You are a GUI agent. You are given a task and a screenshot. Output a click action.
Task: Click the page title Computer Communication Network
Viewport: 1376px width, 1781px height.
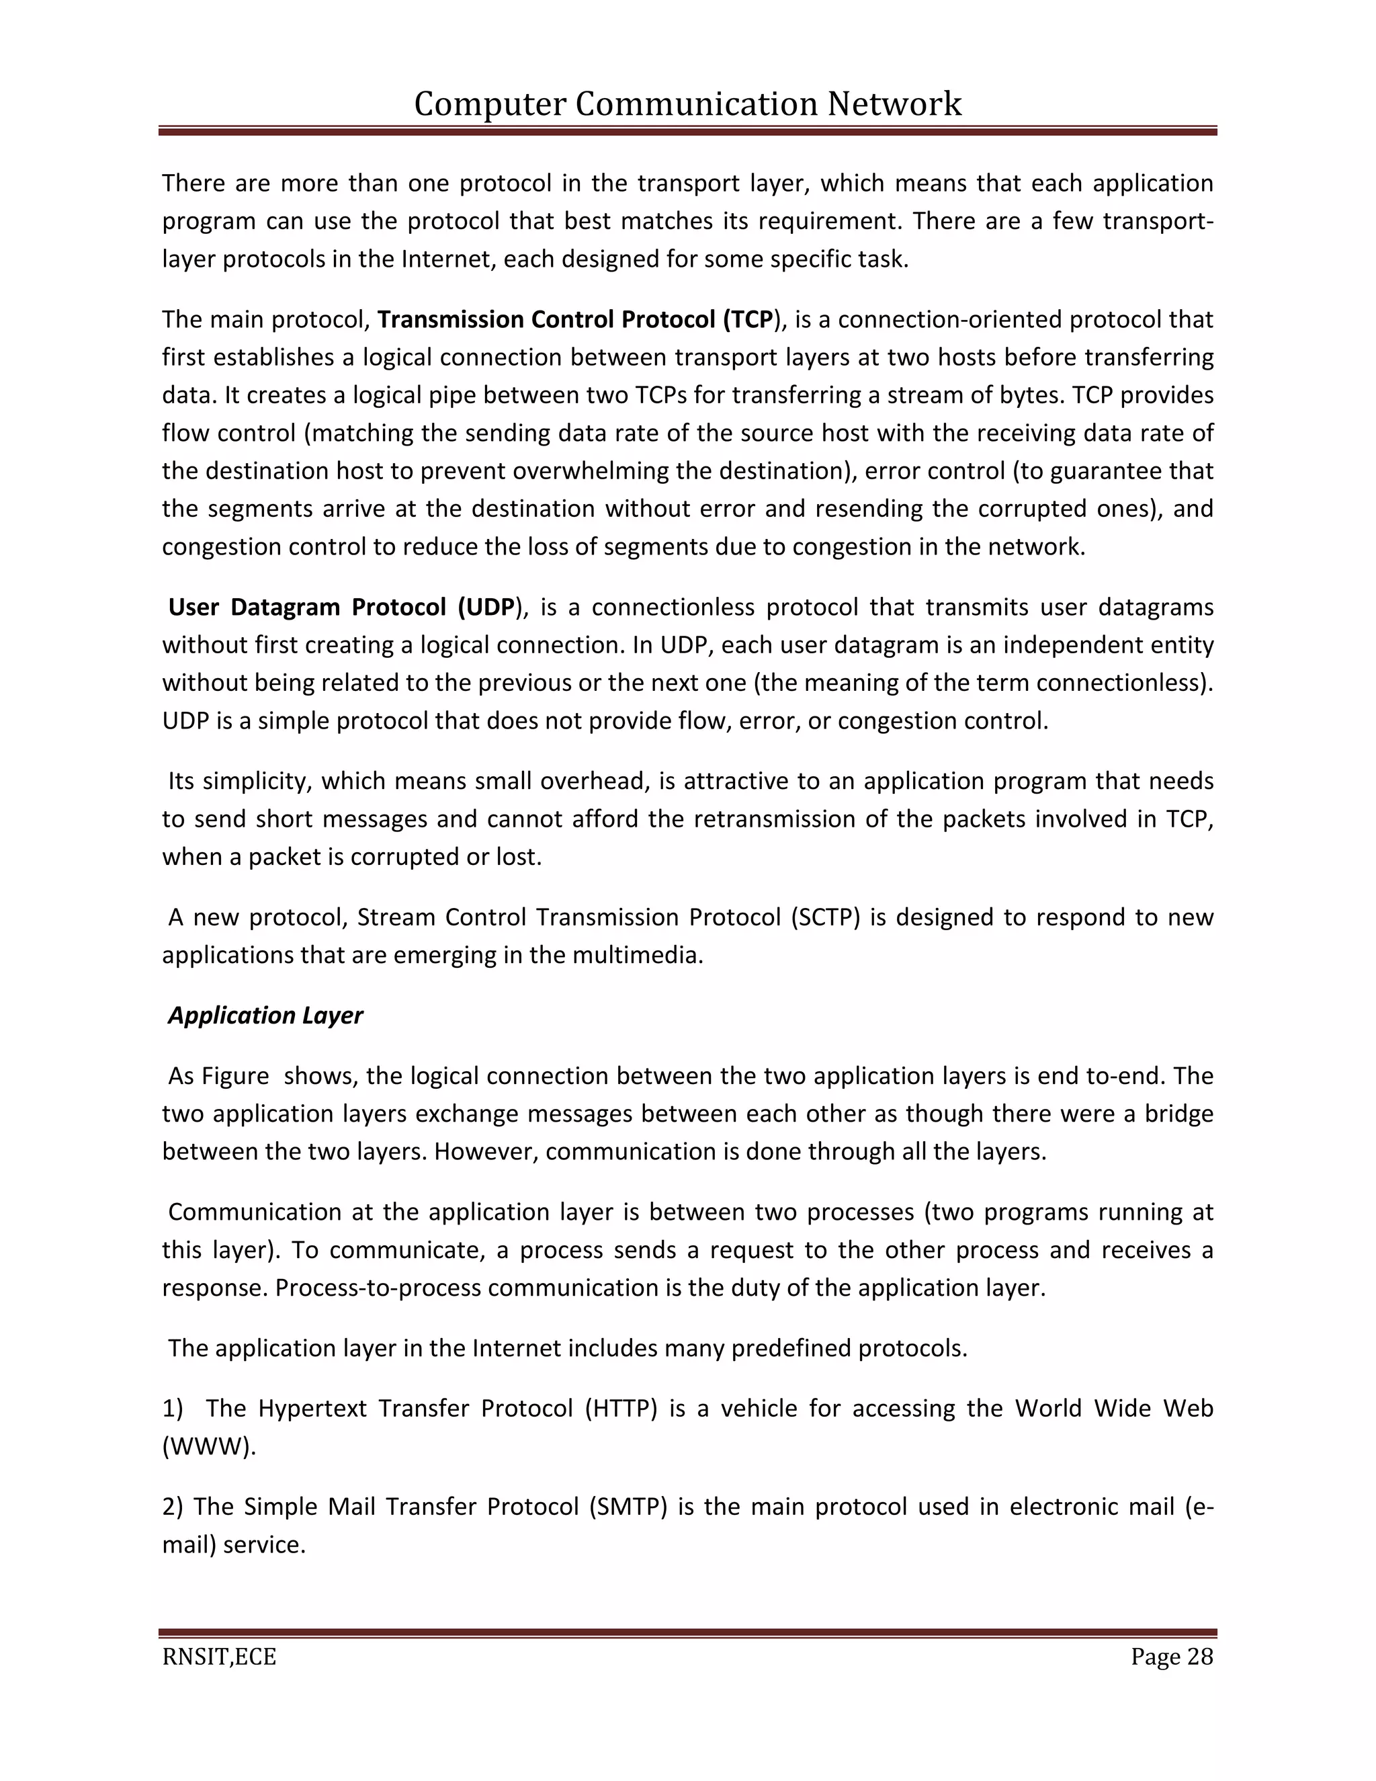click(x=687, y=104)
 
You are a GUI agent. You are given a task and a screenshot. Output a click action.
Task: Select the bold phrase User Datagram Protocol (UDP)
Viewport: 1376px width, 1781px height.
click(x=343, y=608)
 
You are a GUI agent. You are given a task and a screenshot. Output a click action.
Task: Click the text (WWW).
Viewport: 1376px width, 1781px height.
click(x=209, y=1447)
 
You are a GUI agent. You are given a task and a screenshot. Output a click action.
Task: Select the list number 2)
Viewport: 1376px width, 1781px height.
click(x=173, y=1506)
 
